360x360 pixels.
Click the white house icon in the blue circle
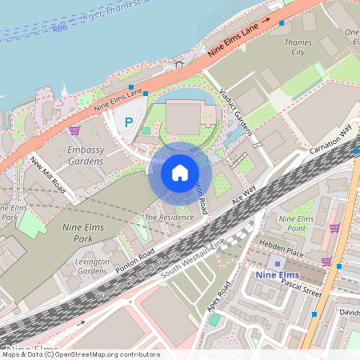[179, 172]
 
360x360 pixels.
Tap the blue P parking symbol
[128, 122]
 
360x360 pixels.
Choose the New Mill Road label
[48, 174]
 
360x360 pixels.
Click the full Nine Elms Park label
[83, 233]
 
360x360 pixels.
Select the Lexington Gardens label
[91, 266]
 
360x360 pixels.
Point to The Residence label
[169, 217]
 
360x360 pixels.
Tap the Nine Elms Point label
[296, 223]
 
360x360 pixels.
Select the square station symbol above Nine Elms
[278, 263]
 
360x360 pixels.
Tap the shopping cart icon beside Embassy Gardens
[74, 130]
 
